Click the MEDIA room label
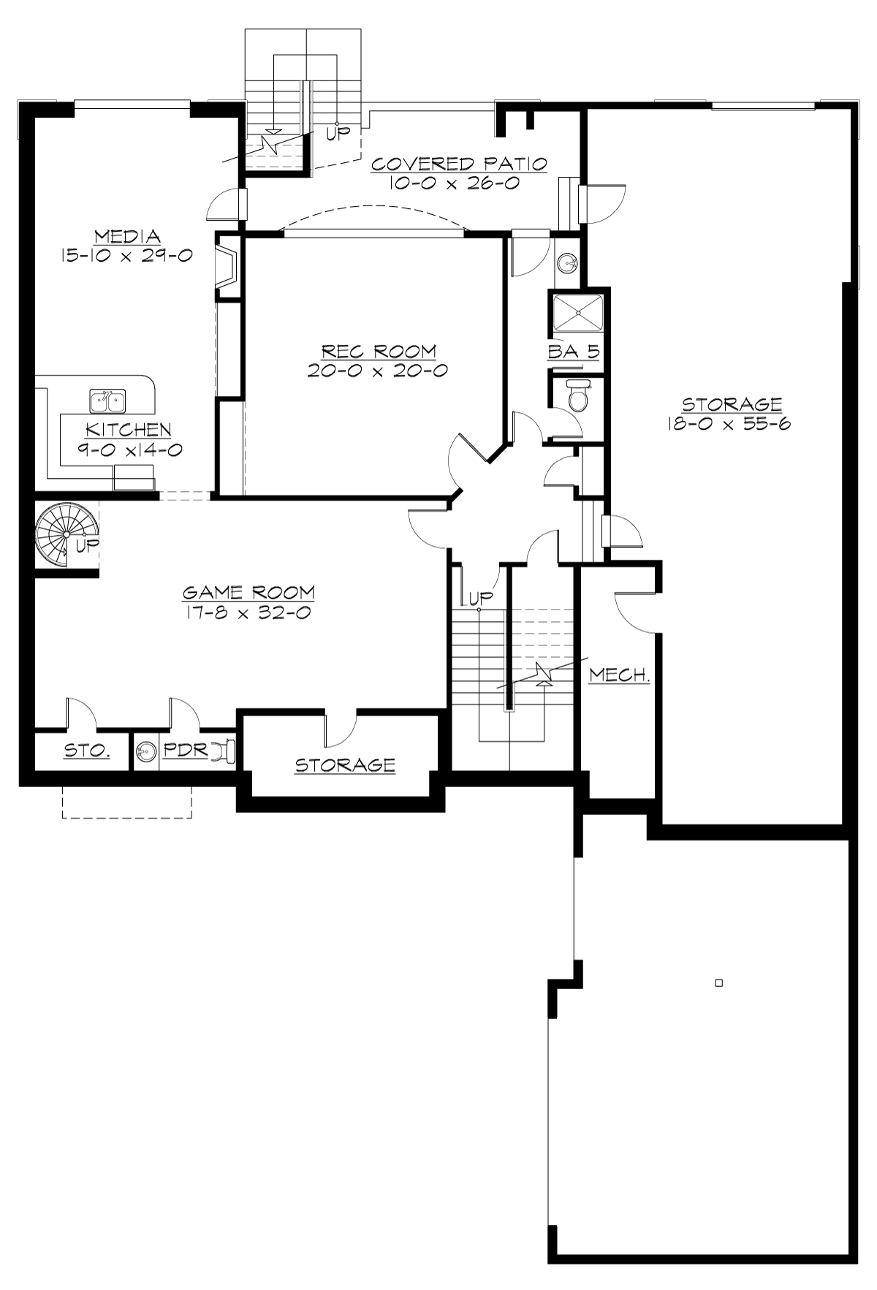(127, 237)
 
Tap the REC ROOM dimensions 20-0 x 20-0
(377, 371)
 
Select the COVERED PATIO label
(459, 164)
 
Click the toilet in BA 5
(577, 397)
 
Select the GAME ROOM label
(248, 592)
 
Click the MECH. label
(620, 675)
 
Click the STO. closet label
(87, 750)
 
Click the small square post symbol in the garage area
(718, 983)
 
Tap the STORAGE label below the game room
(345, 765)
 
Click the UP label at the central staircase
(481, 599)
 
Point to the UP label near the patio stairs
(338, 133)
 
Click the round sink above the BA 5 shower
(568, 262)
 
